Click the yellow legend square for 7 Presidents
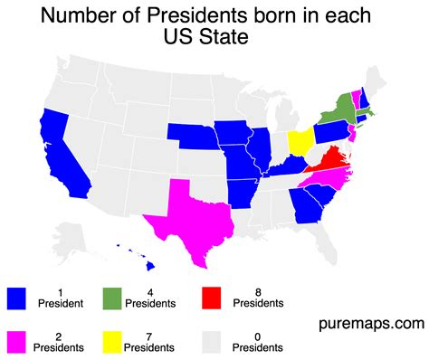click(110, 341)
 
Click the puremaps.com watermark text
click(370, 322)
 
